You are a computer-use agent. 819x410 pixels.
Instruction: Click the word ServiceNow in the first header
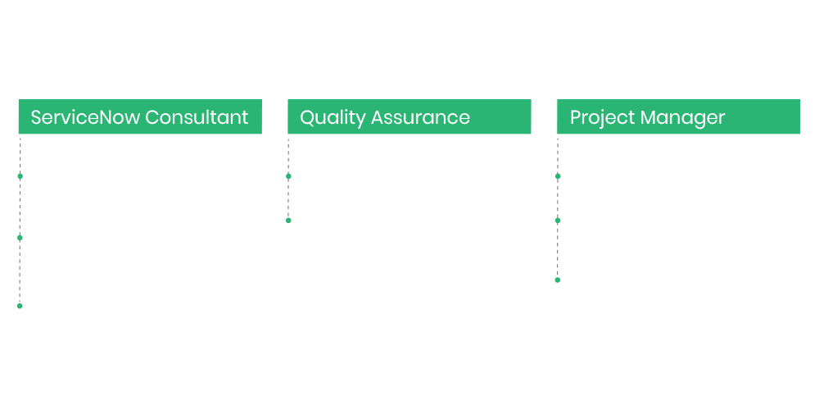click(86, 117)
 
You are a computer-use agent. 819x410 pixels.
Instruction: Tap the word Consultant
click(197, 117)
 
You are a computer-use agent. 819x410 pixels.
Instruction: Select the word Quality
click(333, 118)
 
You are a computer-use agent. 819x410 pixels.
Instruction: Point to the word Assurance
click(420, 117)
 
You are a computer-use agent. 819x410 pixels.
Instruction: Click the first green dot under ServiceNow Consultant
click(20, 176)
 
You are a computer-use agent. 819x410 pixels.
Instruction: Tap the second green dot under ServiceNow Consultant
click(20, 238)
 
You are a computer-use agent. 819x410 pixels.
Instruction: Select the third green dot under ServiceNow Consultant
click(20, 306)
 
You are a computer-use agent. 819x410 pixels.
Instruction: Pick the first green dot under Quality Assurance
click(288, 176)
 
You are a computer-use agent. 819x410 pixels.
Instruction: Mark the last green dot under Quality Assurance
click(288, 221)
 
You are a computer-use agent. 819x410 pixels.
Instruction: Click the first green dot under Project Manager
click(558, 176)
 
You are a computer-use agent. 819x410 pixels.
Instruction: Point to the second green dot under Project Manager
click(558, 221)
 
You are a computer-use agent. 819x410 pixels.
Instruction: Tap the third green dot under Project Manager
click(557, 280)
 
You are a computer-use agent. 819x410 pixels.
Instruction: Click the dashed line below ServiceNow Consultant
click(20, 221)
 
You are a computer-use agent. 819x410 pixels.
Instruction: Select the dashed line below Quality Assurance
click(288, 179)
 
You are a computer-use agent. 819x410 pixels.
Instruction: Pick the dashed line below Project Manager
click(558, 208)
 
